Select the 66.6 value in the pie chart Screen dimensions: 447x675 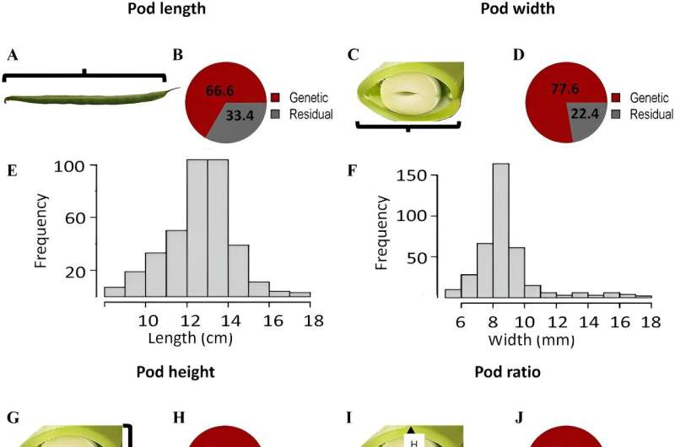tap(218, 90)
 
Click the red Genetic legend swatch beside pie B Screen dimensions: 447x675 tap(275, 98)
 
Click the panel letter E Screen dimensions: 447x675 tap(12, 170)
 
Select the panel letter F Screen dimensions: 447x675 tap(353, 170)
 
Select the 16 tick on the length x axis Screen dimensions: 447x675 tap(271, 321)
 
